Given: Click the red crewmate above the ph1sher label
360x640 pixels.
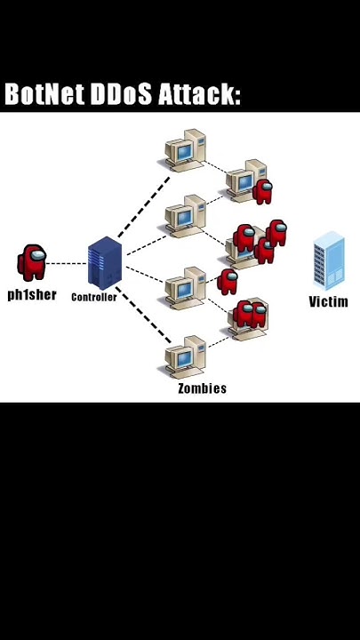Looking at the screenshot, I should point(33,263).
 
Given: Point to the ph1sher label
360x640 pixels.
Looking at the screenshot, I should point(32,295).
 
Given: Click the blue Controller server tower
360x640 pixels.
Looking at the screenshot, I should point(103,263).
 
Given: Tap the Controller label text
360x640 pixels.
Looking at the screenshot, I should point(94,298).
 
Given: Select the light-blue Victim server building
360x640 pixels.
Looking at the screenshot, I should point(329,260).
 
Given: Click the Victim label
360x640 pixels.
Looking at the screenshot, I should point(328,302).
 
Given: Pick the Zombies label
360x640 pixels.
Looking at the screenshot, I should point(202,388).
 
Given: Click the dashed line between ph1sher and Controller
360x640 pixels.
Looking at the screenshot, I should point(67,263).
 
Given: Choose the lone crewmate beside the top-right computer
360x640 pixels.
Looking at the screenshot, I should point(262,191).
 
